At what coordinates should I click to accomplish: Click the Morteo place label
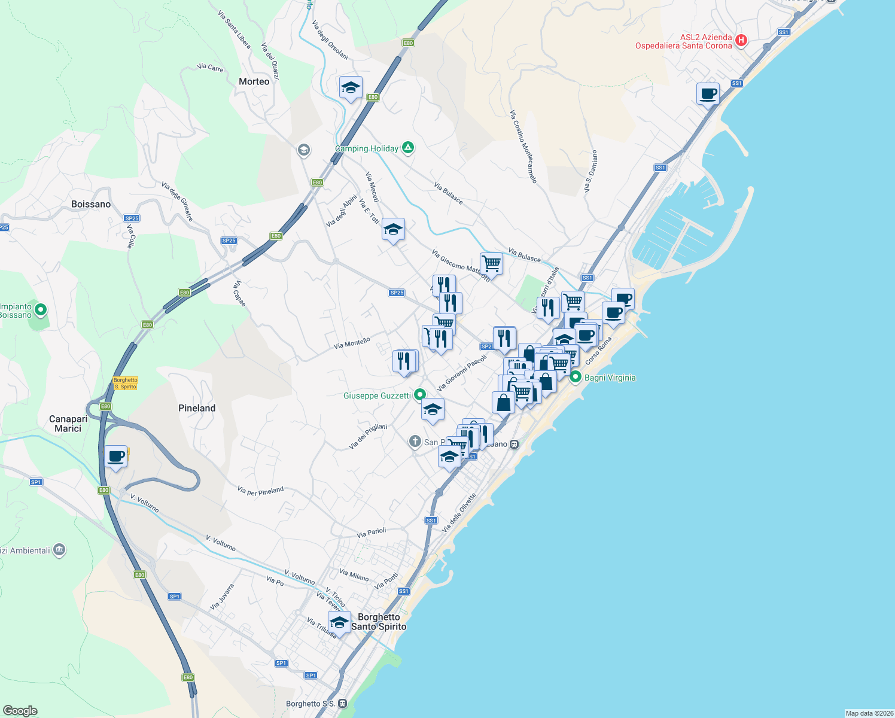click(254, 81)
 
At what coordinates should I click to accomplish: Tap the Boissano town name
click(91, 204)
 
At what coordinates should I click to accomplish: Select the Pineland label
click(197, 408)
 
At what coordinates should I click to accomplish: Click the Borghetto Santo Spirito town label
click(379, 622)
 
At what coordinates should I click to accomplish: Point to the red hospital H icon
click(741, 41)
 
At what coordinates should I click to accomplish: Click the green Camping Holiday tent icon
click(408, 147)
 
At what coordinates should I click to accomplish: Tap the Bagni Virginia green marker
click(576, 377)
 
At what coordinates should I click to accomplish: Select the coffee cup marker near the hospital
click(708, 93)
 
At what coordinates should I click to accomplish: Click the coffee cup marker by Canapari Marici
click(115, 457)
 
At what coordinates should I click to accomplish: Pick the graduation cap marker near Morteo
click(350, 88)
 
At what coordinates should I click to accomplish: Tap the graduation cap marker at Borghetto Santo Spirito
click(339, 622)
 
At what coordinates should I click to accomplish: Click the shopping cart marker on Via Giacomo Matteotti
click(491, 263)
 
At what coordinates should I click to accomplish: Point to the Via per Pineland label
click(260, 491)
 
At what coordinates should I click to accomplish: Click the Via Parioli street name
click(371, 533)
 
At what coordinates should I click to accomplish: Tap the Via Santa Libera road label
click(234, 29)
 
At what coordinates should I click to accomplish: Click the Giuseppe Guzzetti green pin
click(420, 394)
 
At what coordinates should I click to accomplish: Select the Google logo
click(20, 710)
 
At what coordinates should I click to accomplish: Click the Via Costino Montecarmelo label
click(523, 146)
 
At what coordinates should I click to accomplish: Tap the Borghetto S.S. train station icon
click(342, 704)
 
